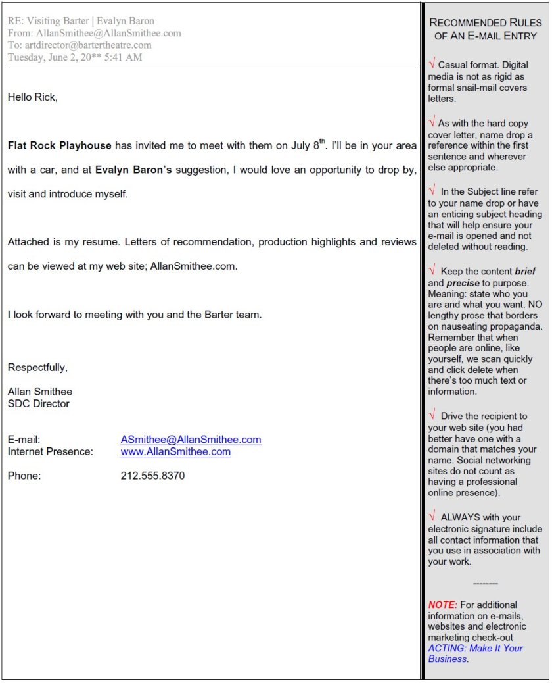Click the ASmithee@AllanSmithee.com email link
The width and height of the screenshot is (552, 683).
pos(191,440)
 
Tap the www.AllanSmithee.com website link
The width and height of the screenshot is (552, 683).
pos(175,452)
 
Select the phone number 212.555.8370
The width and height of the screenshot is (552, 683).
pos(152,476)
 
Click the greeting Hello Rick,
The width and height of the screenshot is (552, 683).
pos(33,97)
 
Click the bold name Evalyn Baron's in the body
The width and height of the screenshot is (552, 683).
pos(133,170)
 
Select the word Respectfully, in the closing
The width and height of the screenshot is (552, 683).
pos(37,367)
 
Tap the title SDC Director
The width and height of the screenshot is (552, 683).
pos(38,403)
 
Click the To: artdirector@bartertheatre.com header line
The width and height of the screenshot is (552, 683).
pos(80,45)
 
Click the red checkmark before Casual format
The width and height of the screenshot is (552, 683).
pos(432,64)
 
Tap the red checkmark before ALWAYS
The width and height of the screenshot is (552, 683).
pos(432,517)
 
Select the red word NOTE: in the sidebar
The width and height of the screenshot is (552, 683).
pos(442,605)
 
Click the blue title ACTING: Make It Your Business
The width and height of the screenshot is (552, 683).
pos(475,653)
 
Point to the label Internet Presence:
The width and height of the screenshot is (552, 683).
pos(51,452)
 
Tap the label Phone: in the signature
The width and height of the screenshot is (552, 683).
pos(24,476)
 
